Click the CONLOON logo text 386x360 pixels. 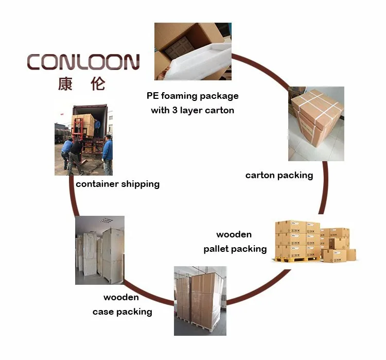click(x=83, y=62)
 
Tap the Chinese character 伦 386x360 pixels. click(x=98, y=83)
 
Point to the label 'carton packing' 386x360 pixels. click(x=279, y=175)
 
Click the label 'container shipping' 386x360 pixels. click(x=117, y=184)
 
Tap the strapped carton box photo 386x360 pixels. click(x=315, y=124)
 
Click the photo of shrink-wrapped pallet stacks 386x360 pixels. click(x=200, y=298)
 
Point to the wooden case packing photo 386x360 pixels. click(x=99, y=250)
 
